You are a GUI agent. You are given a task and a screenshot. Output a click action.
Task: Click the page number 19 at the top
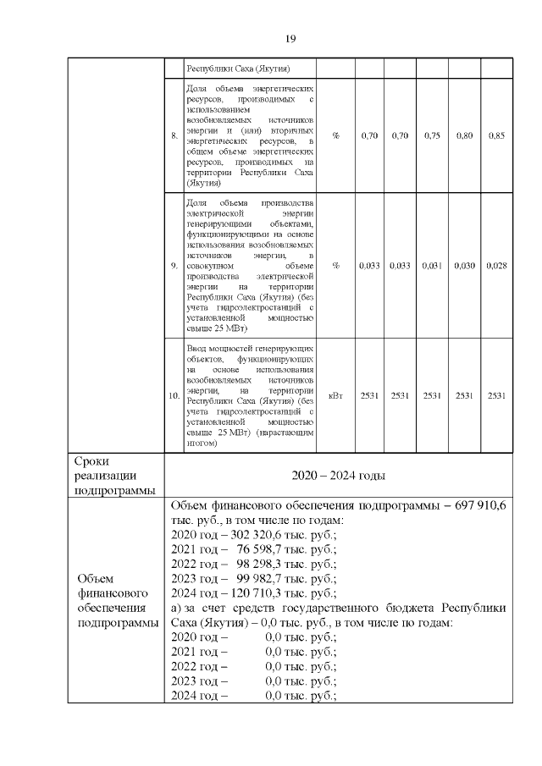tap(289, 39)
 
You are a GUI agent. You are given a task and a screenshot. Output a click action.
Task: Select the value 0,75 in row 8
tap(432, 135)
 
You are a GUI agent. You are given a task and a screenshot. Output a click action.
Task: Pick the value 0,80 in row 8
tap(464, 135)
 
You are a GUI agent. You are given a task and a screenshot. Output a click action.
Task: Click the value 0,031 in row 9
tap(432, 266)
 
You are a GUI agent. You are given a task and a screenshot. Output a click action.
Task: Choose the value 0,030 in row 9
tap(464, 266)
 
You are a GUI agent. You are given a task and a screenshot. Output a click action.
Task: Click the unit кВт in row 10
tap(336, 395)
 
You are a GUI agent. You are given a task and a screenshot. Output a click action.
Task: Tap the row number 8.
tap(174, 135)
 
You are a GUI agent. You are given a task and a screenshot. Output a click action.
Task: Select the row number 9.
tap(174, 266)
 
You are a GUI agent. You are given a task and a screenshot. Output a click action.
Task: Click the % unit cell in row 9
tap(336, 266)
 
